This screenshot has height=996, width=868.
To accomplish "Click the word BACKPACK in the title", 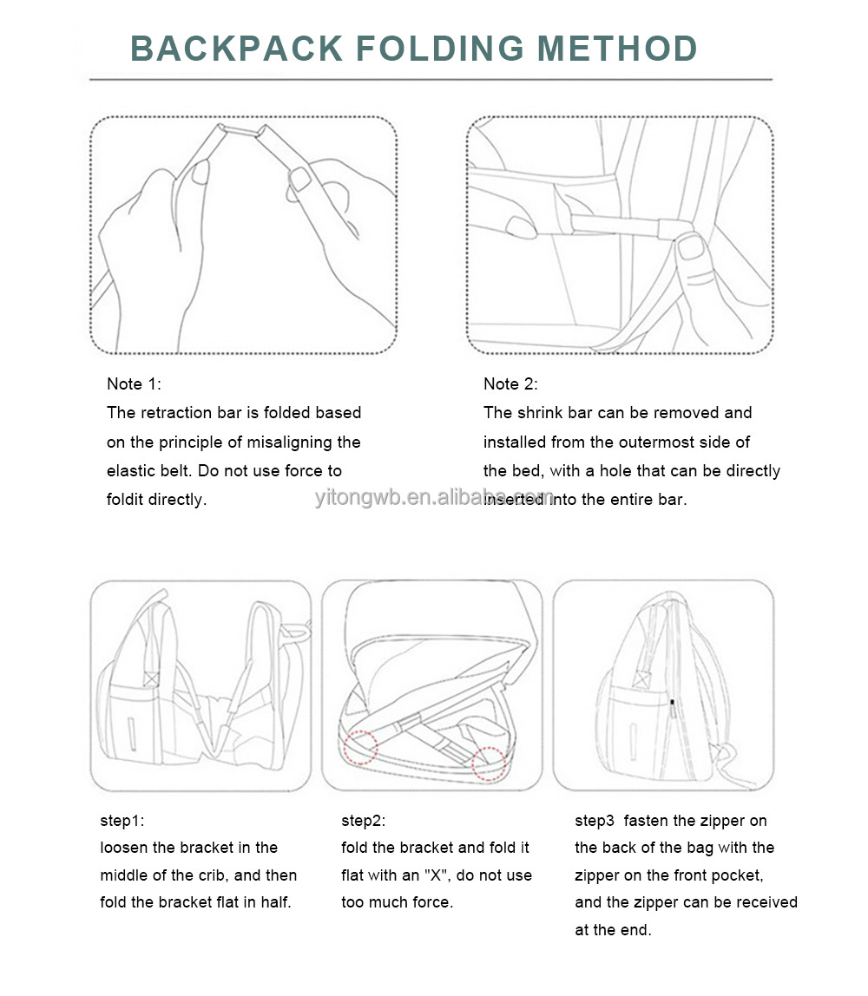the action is coord(237,49).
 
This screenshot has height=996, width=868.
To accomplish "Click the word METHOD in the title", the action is coord(617,49).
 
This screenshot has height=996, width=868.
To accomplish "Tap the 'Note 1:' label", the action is coord(134,383).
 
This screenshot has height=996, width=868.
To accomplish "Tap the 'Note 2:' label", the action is coord(510,383).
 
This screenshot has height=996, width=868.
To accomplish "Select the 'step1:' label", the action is coord(122,821).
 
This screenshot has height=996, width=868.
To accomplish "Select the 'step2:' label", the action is coord(363,821).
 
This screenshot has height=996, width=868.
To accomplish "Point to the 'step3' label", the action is coord(594,821).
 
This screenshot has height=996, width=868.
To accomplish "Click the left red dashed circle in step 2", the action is coord(360,746).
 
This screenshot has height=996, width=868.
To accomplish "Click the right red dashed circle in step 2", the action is coord(489,763).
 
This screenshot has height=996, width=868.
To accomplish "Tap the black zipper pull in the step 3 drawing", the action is coord(673,703).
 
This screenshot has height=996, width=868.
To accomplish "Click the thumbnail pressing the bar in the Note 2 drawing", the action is coord(691,246).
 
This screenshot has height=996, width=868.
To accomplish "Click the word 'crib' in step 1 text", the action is coord(213,875).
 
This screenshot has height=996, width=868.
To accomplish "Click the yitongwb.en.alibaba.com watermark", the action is coord(435,497).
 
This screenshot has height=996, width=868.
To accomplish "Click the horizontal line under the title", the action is coord(431,80).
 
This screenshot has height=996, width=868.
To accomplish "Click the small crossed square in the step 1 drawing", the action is coord(150,679).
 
